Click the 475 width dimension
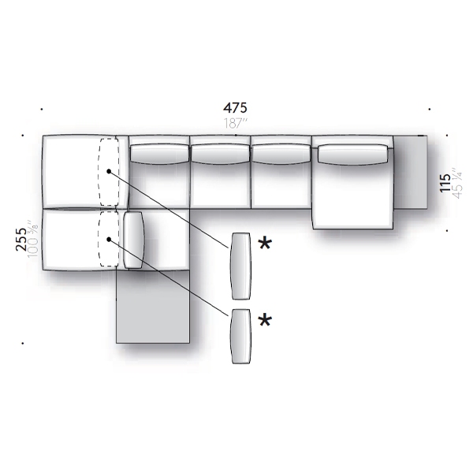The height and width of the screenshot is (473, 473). pyautogui.click(x=235, y=108)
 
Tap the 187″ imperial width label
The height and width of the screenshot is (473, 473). pyautogui.click(x=236, y=123)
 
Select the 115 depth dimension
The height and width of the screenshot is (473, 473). pyautogui.click(x=445, y=183)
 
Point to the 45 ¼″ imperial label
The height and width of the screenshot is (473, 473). pyautogui.click(x=457, y=184)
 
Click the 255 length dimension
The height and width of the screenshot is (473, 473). pyautogui.click(x=21, y=240)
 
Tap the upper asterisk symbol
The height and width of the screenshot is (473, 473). pyautogui.click(x=265, y=243)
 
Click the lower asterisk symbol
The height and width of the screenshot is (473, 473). pyautogui.click(x=265, y=320)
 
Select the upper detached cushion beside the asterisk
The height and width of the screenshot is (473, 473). pyautogui.click(x=240, y=266)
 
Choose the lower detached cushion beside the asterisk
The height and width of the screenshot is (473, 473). pyautogui.click(x=241, y=336)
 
